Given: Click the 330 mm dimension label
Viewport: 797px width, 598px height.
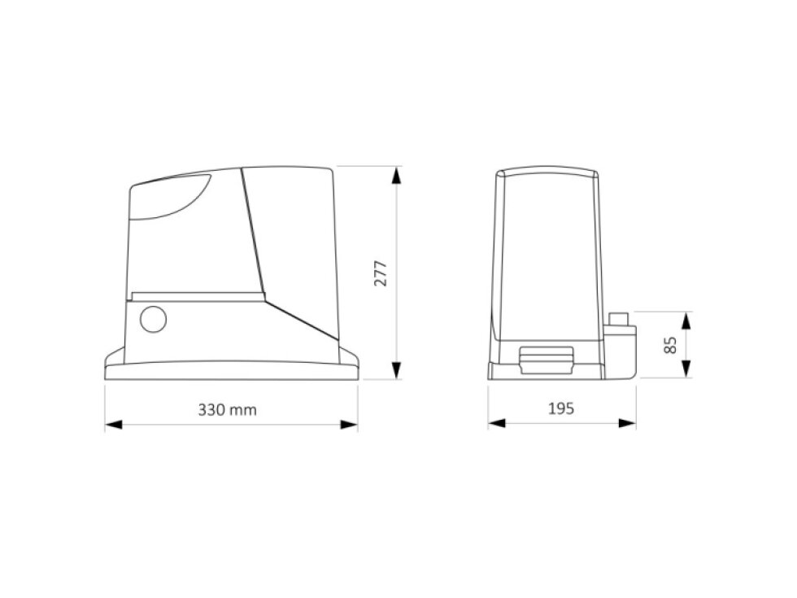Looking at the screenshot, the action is pos(227,409).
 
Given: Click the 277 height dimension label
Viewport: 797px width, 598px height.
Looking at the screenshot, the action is pos(381,273).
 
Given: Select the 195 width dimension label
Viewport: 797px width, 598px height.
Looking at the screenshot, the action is pos(560,408).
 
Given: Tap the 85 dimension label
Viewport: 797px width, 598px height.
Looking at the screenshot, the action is pos(670,345).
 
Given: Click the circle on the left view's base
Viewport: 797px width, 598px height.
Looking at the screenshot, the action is pos(153,319).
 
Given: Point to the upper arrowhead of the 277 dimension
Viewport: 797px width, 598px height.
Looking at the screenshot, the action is pos(396,176).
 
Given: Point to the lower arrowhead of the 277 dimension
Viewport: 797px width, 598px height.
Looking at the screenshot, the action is pos(396,370).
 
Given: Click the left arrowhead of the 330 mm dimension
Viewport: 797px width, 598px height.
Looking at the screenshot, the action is pos(114,424).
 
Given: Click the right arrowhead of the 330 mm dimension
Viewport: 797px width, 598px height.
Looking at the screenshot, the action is pos(349,424).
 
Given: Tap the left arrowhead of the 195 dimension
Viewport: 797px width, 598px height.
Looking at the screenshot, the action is pos(497,423).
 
